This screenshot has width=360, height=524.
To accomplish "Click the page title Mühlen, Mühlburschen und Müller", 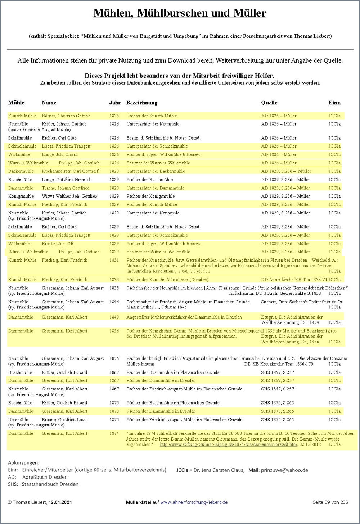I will tap(180, 13).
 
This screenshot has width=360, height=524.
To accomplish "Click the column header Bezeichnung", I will tap(141, 103).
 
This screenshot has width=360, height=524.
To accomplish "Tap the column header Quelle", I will tap(269, 103).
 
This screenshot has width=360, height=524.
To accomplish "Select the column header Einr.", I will tap(334, 103).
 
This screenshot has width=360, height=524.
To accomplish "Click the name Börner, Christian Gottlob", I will tap(66, 116).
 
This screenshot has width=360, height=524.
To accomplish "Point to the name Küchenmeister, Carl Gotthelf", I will tap(70, 171).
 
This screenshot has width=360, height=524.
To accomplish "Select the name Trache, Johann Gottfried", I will tap(66, 188).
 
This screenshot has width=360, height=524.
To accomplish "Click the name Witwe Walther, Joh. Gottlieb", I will tap(69, 196).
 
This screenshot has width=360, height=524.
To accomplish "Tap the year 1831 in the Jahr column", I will tap(114, 260).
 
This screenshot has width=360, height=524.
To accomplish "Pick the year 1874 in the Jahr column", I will tap(114, 434).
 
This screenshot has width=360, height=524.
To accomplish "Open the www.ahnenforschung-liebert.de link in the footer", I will tap(194, 502).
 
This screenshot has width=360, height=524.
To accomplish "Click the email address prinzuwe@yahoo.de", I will tap(284, 470).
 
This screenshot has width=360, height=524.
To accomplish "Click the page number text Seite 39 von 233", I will tap(330, 502).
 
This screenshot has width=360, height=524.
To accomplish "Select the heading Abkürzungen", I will tap(23, 463).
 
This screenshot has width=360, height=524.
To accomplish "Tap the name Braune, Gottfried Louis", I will tap(64, 420).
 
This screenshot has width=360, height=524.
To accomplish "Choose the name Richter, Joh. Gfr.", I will tap(58, 244).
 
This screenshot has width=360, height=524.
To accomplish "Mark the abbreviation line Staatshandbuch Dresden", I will tap(50, 484).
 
